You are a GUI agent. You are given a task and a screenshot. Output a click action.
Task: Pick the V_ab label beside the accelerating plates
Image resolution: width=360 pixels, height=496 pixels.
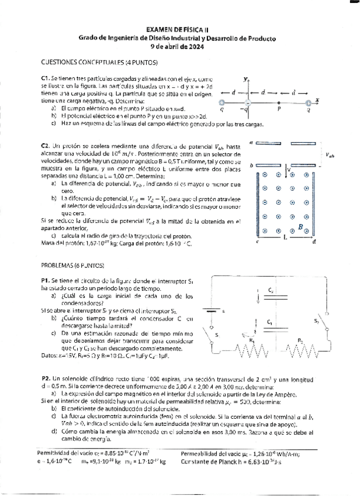[331, 155]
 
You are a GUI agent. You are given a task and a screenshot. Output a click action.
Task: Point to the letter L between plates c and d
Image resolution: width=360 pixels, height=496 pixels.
[284, 239]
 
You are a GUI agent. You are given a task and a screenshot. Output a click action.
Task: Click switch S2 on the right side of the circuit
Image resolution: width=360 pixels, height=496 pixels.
[320, 326]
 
